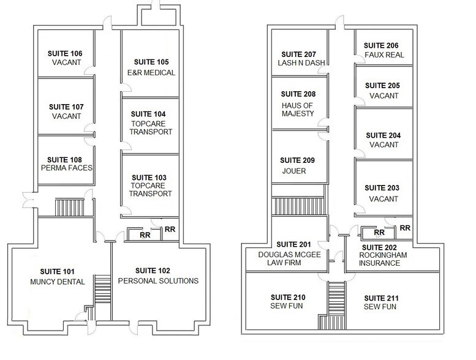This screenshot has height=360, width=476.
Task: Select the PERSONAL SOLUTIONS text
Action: (158, 281)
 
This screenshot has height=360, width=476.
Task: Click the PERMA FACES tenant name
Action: (67, 167)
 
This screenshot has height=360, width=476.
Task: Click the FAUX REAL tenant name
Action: (384, 55)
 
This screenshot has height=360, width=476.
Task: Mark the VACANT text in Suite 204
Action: (384, 145)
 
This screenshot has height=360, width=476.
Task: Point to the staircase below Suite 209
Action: (298, 206)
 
